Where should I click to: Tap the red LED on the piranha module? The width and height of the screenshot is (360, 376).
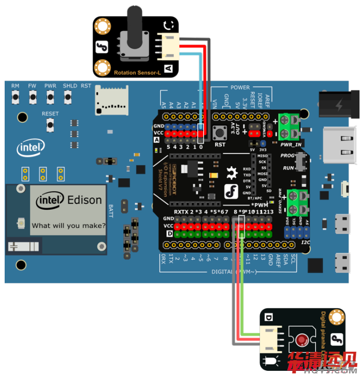[x=302, y=340]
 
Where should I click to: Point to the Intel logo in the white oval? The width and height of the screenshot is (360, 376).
[x=30, y=149]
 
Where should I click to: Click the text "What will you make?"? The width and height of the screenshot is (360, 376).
[x=68, y=225]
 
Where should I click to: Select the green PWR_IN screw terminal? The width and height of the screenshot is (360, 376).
[x=291, y=127]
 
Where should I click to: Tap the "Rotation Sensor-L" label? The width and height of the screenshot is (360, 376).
[x=137, y=73]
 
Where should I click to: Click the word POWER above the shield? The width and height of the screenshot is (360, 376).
[x=240, y=88]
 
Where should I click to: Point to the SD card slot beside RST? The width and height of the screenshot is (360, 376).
[x=111, y=100]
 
